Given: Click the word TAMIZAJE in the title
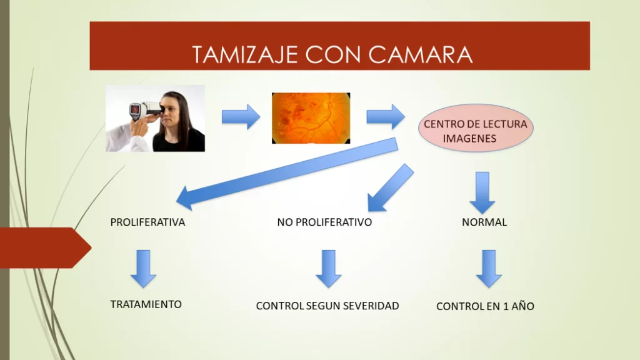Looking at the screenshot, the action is pos(245,55).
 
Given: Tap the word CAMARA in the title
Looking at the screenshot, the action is pos(421,55).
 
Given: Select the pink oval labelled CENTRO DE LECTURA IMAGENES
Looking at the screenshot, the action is pos(476,128).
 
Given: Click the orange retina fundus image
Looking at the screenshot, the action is pos(311,118).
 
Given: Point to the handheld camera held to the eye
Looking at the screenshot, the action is pos(145,110).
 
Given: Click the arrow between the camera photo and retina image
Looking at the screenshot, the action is pos(241,117).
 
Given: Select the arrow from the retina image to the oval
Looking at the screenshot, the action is pos(386,117).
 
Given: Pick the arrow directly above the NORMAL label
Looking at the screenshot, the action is pos(482,192).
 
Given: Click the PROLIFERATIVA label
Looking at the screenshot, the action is pos(147,222).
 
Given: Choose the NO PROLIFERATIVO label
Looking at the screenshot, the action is pos(324,222).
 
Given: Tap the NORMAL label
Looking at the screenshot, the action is pos(484,222).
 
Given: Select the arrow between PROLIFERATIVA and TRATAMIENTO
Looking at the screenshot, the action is pos(143,269).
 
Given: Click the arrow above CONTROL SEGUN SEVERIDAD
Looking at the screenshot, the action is pos(329,269).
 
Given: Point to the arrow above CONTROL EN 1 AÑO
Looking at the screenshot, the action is pos(489,269).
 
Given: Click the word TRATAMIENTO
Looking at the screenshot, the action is pos(146,304).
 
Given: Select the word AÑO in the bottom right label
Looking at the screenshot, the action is pos(523,306).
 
